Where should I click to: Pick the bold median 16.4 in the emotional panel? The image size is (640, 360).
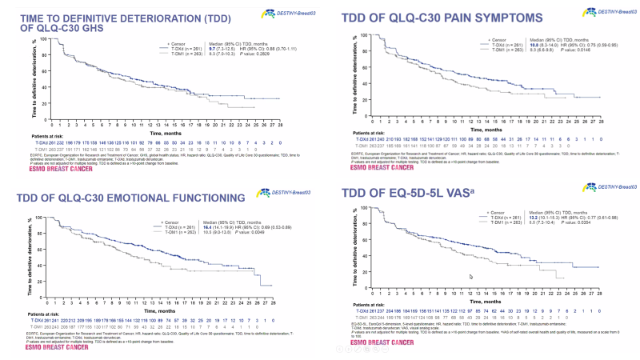(x=215, y=228)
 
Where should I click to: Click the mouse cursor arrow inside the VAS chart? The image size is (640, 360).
(x=470, y=277)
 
